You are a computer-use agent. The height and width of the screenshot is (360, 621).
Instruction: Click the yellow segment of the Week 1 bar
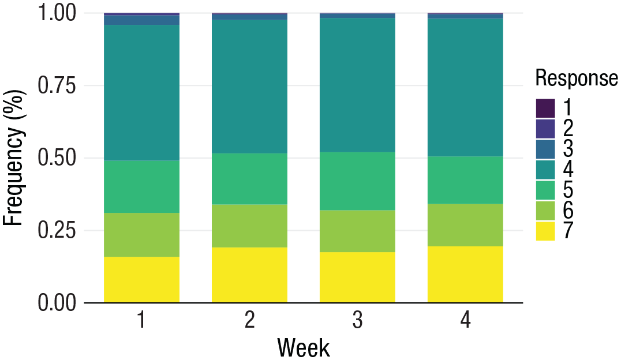pos(141,279)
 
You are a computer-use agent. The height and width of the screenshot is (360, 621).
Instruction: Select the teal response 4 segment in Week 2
pos(249,87)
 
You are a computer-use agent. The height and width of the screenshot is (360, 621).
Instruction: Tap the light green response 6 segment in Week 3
pos(357,231)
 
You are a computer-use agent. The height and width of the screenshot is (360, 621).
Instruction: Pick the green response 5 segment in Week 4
pos(465,180)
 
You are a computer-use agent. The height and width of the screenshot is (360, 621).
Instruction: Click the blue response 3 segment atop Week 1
pos(141,20)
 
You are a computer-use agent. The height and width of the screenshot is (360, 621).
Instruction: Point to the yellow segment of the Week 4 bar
pos(465,274)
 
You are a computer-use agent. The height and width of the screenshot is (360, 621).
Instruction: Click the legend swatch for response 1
pos(545,108)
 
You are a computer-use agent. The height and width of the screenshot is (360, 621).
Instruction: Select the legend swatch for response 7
pos(545,231)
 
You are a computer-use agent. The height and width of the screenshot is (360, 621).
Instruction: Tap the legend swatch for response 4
pos(545,170)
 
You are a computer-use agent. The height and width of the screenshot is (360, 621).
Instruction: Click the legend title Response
pos(576,78)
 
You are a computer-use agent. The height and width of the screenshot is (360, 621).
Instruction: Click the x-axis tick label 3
pos(357,321)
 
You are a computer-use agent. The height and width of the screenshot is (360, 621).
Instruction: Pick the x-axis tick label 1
pos(141,321)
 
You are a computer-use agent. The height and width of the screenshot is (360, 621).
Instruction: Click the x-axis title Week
pos(304,348)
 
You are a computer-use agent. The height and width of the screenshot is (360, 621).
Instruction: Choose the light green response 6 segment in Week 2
pos(249,226)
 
